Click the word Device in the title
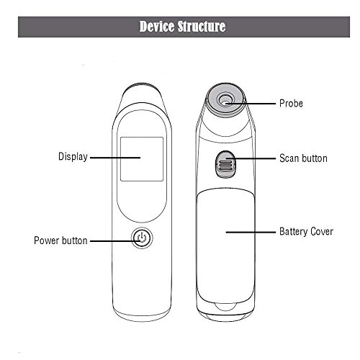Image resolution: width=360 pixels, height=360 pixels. [x=157, y=27]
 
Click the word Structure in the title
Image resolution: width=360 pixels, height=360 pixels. [x=202, y=27]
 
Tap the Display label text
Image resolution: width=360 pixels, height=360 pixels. [x=73, y=157]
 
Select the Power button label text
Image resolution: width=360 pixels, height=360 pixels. [x=60, y=240]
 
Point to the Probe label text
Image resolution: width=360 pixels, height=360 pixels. [x=291, y=104]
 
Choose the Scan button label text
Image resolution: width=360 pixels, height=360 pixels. [x=304, y=158]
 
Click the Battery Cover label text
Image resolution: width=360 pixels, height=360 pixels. [x=307, y=232]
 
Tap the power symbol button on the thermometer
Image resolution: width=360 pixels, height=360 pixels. [x=142, y=238]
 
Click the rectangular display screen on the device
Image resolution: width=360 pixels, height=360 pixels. [x=142, y=159]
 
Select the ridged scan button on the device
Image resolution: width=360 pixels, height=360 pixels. [x=225, y=165]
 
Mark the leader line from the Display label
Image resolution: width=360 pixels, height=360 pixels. [x=115, y=158]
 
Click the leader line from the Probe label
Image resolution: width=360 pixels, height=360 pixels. [x=251, y=104]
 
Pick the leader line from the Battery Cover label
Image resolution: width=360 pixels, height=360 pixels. [x=251, y=232]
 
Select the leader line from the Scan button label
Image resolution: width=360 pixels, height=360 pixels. [x=251, y=158]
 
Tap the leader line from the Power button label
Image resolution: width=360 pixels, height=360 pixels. [x=115, y=241]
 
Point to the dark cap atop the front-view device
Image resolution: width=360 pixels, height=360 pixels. [x=142, y=87]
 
